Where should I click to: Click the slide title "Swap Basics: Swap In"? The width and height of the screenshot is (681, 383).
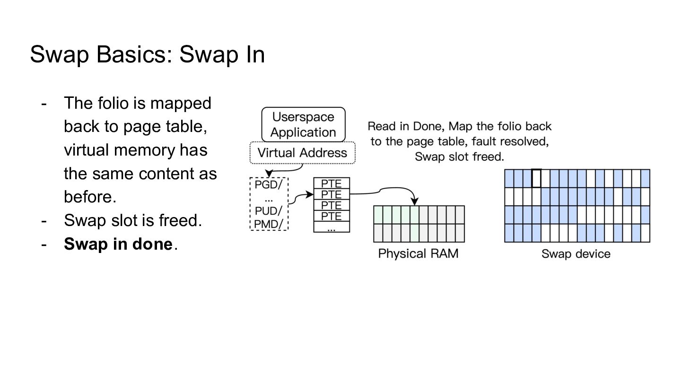148,55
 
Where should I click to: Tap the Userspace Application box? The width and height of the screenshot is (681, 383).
304,125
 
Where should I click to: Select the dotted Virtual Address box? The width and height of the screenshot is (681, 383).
303,153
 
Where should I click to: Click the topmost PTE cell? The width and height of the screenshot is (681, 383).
332,183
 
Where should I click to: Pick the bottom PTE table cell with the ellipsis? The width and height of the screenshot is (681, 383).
332,227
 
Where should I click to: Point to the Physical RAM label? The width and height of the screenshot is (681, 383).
418,253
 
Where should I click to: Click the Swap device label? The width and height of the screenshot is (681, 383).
576,254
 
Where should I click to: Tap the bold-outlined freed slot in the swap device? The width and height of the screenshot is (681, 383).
537,178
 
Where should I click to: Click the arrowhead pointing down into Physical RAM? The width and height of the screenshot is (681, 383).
415,201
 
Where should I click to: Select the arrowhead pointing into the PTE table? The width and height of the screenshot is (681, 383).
310,194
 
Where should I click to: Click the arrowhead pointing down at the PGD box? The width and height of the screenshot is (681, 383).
269,174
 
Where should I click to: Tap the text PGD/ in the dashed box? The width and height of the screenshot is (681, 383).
269,184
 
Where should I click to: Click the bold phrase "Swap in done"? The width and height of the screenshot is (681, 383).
118,244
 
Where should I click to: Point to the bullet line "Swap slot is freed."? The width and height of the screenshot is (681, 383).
133,220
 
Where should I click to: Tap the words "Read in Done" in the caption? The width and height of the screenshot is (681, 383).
406,126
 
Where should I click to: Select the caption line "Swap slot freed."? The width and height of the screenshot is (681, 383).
459,157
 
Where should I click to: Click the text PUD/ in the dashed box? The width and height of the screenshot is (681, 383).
269,211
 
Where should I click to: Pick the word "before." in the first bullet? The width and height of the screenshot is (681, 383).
90,197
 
